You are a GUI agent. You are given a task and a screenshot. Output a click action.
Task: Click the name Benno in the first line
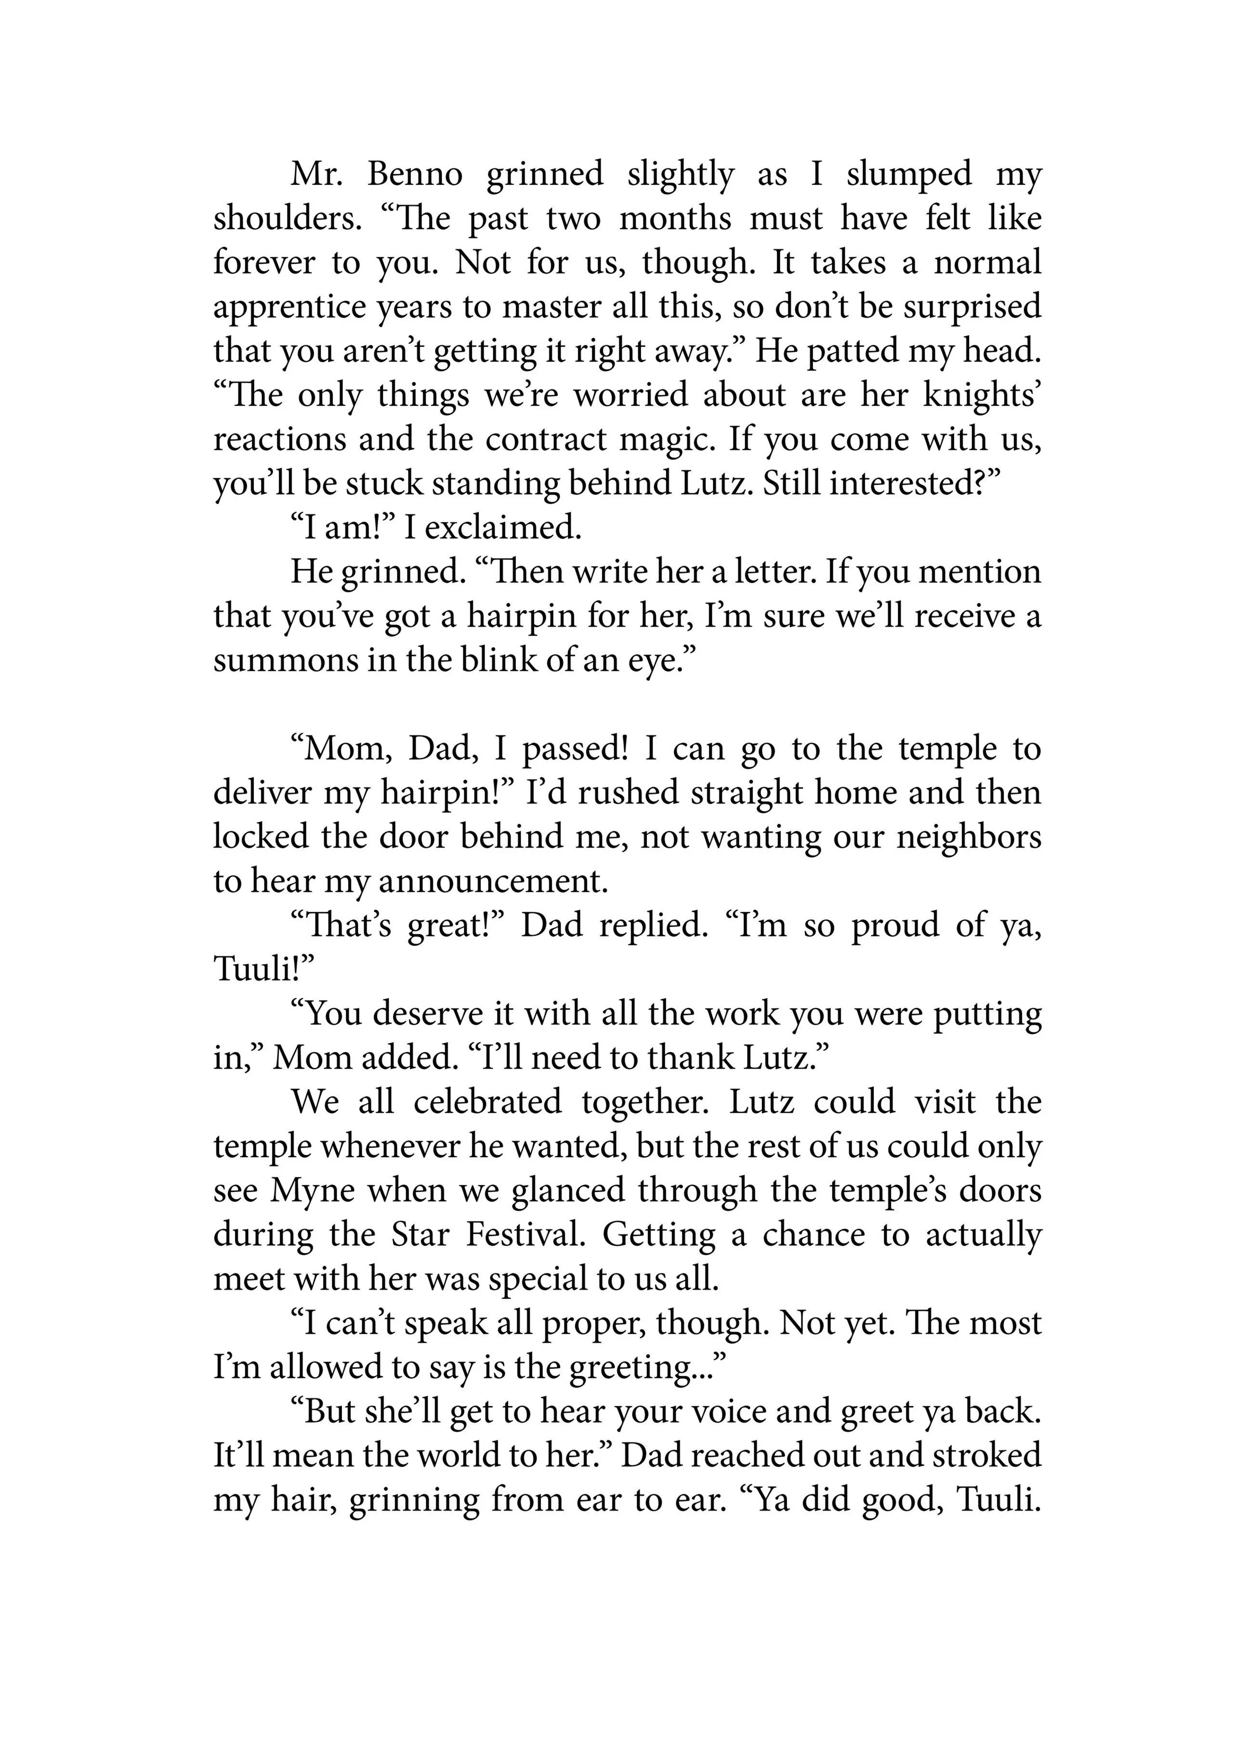point(415,175)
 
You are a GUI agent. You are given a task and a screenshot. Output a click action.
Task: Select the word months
point(675,219)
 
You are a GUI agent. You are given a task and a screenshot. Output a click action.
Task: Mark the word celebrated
point(487,1102)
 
